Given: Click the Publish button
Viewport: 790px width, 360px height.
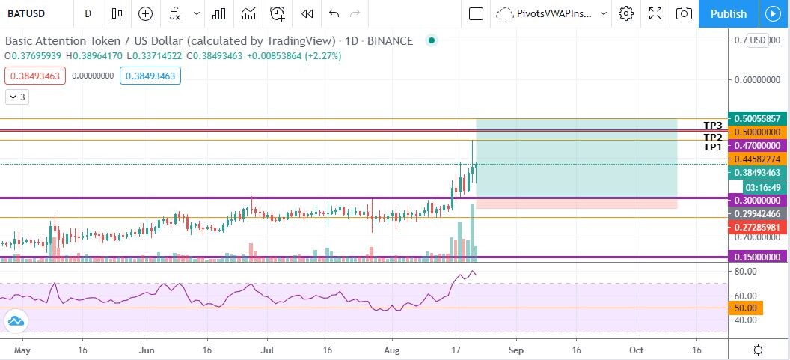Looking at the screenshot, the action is (x=729, y=13).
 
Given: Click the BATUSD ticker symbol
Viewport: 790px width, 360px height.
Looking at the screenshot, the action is (x=26, y=13).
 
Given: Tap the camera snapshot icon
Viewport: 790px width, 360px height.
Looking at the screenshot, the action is (x=684, y=13).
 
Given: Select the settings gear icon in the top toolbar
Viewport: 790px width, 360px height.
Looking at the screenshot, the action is (x=625, y=13).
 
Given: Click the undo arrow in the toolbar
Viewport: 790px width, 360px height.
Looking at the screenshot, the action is (x=334, y=13).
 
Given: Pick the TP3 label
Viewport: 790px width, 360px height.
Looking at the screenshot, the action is (x=713, y=125).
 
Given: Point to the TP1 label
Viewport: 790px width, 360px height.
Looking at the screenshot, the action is (x=713, y=147).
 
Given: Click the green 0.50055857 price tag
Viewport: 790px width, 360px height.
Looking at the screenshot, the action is (x=757, y=118).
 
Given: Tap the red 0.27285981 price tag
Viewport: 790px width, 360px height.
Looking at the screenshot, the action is (x=757, y=228).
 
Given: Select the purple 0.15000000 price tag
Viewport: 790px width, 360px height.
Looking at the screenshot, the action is (x=757, y=257).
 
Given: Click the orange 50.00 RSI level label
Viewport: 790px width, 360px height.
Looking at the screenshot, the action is (x=746, y=308).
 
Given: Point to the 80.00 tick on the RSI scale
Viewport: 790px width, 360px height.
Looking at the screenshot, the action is (x=746, y=271).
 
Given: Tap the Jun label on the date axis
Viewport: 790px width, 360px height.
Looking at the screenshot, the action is (x=146, y=350).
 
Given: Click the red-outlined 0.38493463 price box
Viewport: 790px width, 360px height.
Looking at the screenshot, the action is (x=35, y=76).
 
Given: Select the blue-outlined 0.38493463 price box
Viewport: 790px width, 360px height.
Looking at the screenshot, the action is (x=150, y=76).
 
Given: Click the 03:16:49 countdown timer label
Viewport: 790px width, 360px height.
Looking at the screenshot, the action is (x=765, y=187).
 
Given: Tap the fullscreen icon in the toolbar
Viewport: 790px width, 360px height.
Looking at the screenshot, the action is (x=655, y=13).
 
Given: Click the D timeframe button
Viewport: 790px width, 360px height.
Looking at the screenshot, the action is (x=88, y=13).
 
